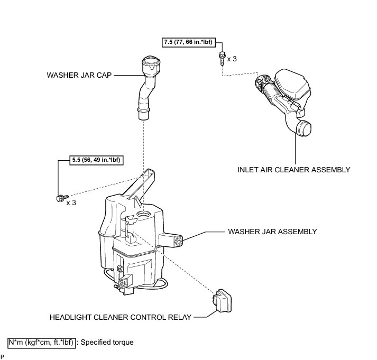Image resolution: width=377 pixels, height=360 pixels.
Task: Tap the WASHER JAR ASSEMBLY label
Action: tap(272, 232)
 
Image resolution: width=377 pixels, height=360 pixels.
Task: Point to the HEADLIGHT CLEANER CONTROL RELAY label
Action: tap(120, 318)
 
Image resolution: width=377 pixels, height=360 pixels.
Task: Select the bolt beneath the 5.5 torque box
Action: tap(60, 198)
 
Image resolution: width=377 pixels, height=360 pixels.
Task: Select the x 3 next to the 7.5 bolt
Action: tap(232, 59)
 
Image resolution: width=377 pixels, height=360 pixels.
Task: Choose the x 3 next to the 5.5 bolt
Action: tap(71, 202)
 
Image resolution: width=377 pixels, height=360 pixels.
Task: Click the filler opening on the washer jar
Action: tap(143, 213)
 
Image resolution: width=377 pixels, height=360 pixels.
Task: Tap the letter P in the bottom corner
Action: tap(3, 357)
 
